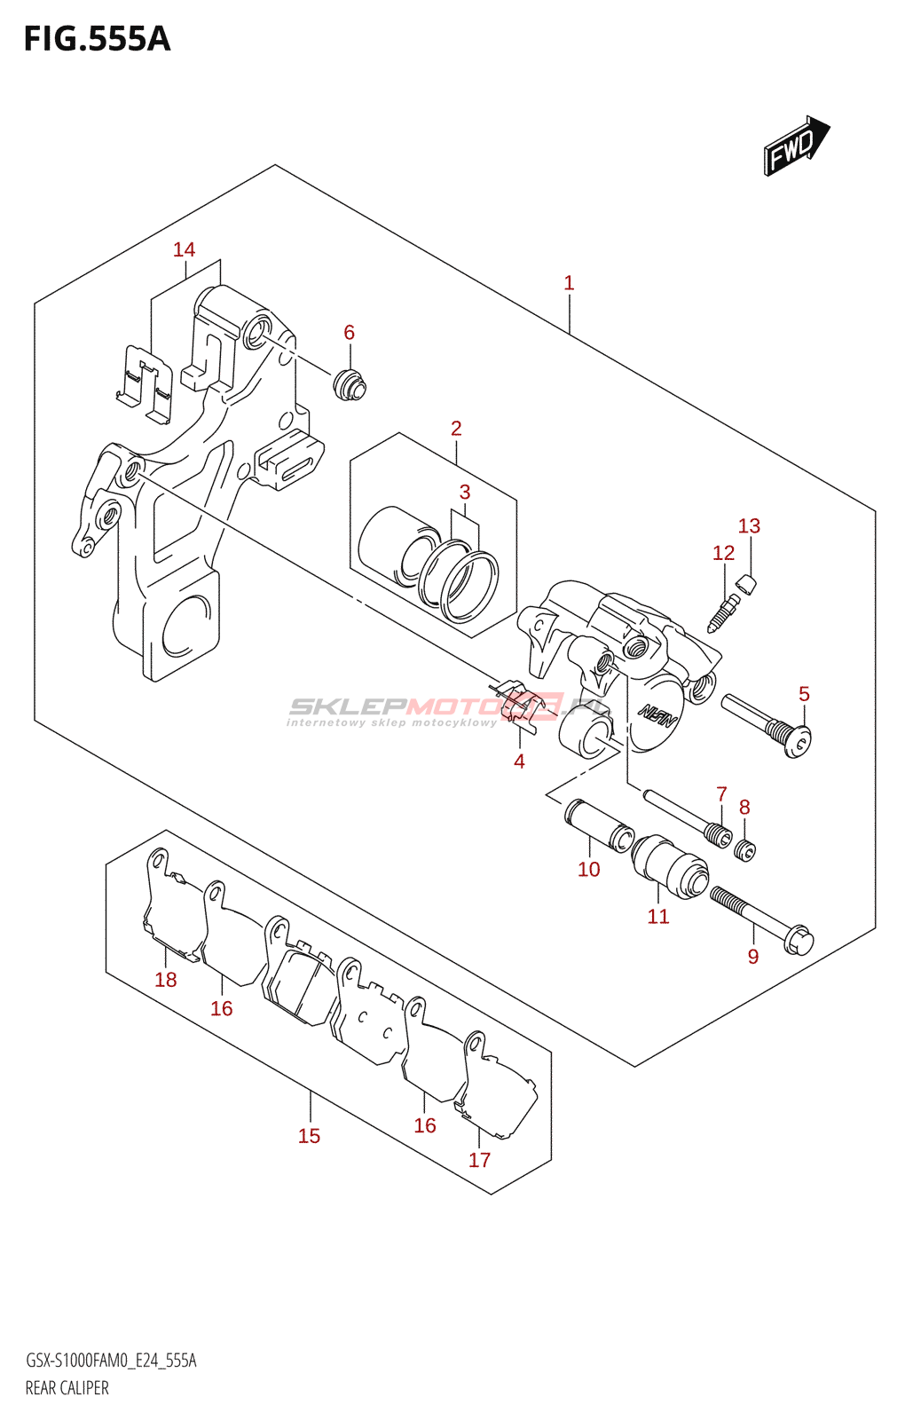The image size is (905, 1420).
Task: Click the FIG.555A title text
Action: click(x=97, y=39)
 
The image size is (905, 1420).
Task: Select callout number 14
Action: click(x=184, y=250)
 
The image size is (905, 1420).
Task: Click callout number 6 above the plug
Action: click(x=349, y=333)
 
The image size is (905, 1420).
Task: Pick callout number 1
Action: click(x=569, y=283)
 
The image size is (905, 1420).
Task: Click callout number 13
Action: click(x=749, y=526)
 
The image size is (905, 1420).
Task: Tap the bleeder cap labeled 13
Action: click(x=747, y=584)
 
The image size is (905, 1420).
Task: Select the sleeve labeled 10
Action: click(x=600, y=825)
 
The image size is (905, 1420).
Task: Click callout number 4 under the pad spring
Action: click(x=519, y=761)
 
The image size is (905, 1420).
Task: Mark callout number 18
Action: click(x=166, y=980)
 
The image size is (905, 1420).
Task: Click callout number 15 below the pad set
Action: click(x=309, y=1136)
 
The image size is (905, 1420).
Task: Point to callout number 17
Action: click(x=479, y=1160)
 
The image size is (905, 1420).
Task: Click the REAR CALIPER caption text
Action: click(x=67, y=1388)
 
